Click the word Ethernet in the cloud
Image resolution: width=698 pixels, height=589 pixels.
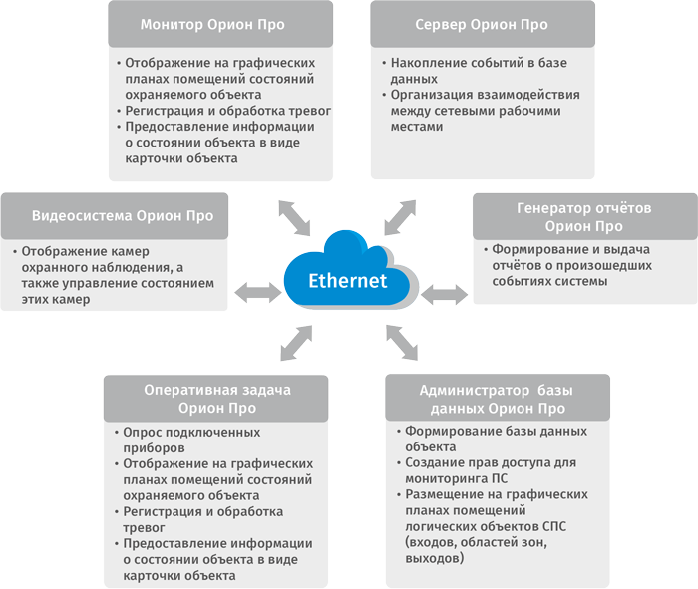click(x=347, y=281)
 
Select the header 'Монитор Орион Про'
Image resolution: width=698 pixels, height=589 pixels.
click(x=221, y=23)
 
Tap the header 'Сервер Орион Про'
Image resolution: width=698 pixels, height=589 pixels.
click(x=483, y=23)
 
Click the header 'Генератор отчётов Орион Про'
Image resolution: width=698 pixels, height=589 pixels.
click(x=583, y=217)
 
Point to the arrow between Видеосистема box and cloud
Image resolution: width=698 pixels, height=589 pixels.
click(x=257, y=292)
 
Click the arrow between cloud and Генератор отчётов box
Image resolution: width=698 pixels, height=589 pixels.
click(x=444, y=294)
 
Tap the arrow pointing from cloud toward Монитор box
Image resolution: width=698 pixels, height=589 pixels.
click(x=293, y=214)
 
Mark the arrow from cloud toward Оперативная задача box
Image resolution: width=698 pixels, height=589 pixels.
click(x=295, y=344)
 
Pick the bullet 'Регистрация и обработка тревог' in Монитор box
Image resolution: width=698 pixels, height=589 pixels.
click(x=227, y=111)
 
